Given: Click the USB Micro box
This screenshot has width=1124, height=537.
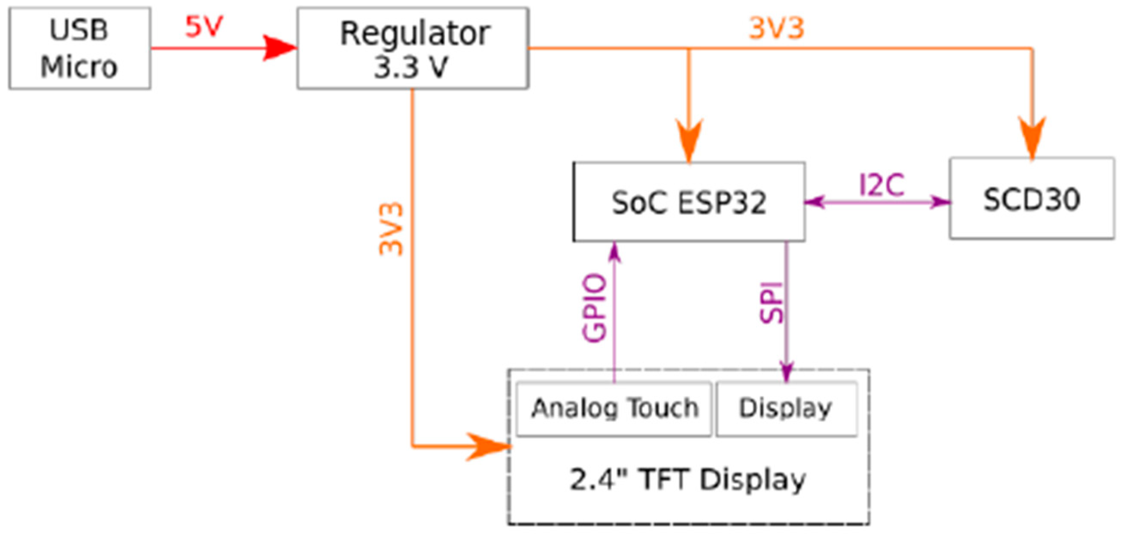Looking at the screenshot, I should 79,48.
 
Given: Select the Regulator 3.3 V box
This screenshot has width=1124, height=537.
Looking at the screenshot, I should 413,48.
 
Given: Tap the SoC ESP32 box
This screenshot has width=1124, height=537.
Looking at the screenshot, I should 689,202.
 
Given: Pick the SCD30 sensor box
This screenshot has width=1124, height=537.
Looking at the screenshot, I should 1032,198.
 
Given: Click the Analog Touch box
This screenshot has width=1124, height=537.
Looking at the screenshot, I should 614,409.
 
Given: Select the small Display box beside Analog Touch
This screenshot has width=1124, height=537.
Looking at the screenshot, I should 786,409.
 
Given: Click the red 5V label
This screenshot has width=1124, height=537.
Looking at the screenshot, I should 204,27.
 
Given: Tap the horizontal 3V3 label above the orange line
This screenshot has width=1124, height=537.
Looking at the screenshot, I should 776,28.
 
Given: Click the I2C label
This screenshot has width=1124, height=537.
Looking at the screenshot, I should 881,185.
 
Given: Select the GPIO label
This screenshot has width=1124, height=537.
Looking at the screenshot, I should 594,307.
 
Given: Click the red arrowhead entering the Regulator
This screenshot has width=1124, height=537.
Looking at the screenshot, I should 279,48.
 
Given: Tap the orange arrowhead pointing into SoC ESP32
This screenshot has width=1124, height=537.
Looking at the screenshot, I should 689,140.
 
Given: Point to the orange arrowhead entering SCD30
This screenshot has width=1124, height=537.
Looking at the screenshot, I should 1032,137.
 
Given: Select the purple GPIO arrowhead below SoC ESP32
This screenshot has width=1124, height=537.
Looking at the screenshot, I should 614,253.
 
